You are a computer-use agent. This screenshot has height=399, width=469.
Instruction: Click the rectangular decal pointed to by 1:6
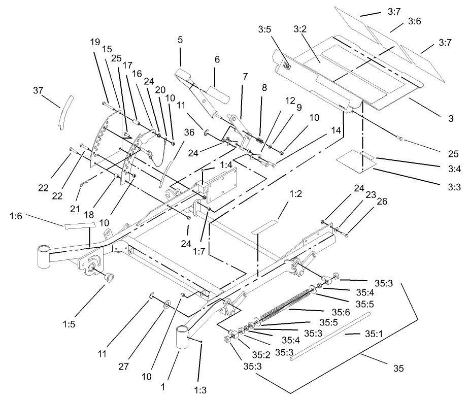coord(79,224)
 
